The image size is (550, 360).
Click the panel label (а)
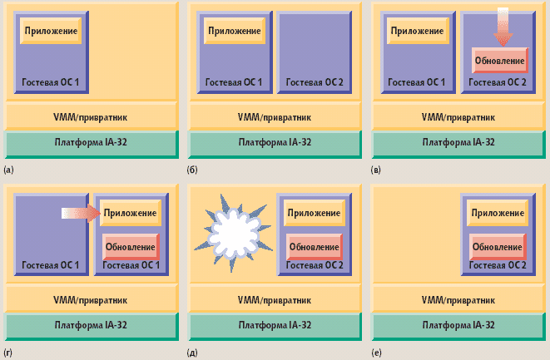pyautogui.click(x=9, y=170)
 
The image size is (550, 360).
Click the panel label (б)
pyautogui.click(x=192, y=170)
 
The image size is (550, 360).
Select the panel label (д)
pyautogui.click(x=192, y=353)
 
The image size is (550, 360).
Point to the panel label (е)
pyautogui.click(x=376, y=353)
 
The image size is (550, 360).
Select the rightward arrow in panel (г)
pyautogui.click(x=80, y=214)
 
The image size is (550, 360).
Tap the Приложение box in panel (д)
pyautogui.click(x=314, y=214)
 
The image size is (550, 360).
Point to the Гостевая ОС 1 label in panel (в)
pyautogui.click(x=417, y=82)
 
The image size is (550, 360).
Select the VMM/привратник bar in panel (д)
pyautogui.click(x=275, y=299)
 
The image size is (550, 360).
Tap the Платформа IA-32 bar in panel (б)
pyautogui.click(x=275, y=142)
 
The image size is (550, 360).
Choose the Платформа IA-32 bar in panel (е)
pyautogui.click(x=458, y=325)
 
